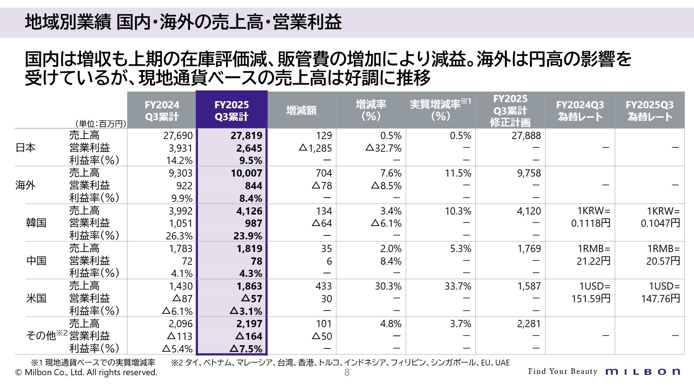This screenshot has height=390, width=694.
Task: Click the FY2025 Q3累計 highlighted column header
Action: coord(231,110)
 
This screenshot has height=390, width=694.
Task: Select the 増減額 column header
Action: coord(301,110)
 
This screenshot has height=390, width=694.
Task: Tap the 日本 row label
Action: coord(26,148)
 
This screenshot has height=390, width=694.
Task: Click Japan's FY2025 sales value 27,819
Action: coord(246,135)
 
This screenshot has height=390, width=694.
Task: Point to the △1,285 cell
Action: coord(315,148)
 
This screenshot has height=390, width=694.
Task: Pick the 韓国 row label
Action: coord(36,223)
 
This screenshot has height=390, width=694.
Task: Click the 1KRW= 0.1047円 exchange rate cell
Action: coord(660,217)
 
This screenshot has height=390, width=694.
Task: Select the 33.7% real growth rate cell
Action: coord(458,286)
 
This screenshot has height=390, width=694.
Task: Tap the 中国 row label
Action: coord(36,261)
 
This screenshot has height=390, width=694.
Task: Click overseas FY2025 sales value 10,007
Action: coord(246,173)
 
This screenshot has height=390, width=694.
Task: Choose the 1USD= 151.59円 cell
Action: coord(591,292)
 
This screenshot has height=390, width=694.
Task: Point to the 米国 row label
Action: coord(36,298)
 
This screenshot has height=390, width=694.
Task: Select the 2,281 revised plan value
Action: coord(529,324)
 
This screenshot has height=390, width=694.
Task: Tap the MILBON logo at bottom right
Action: coord(643,372)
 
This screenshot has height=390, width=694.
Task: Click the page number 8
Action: coord(347,373)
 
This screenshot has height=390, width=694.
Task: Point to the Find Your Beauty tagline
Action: coord(562,372)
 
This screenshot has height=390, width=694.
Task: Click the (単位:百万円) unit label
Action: coord(100,124)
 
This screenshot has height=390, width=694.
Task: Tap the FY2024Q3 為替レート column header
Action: coord(580,110)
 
